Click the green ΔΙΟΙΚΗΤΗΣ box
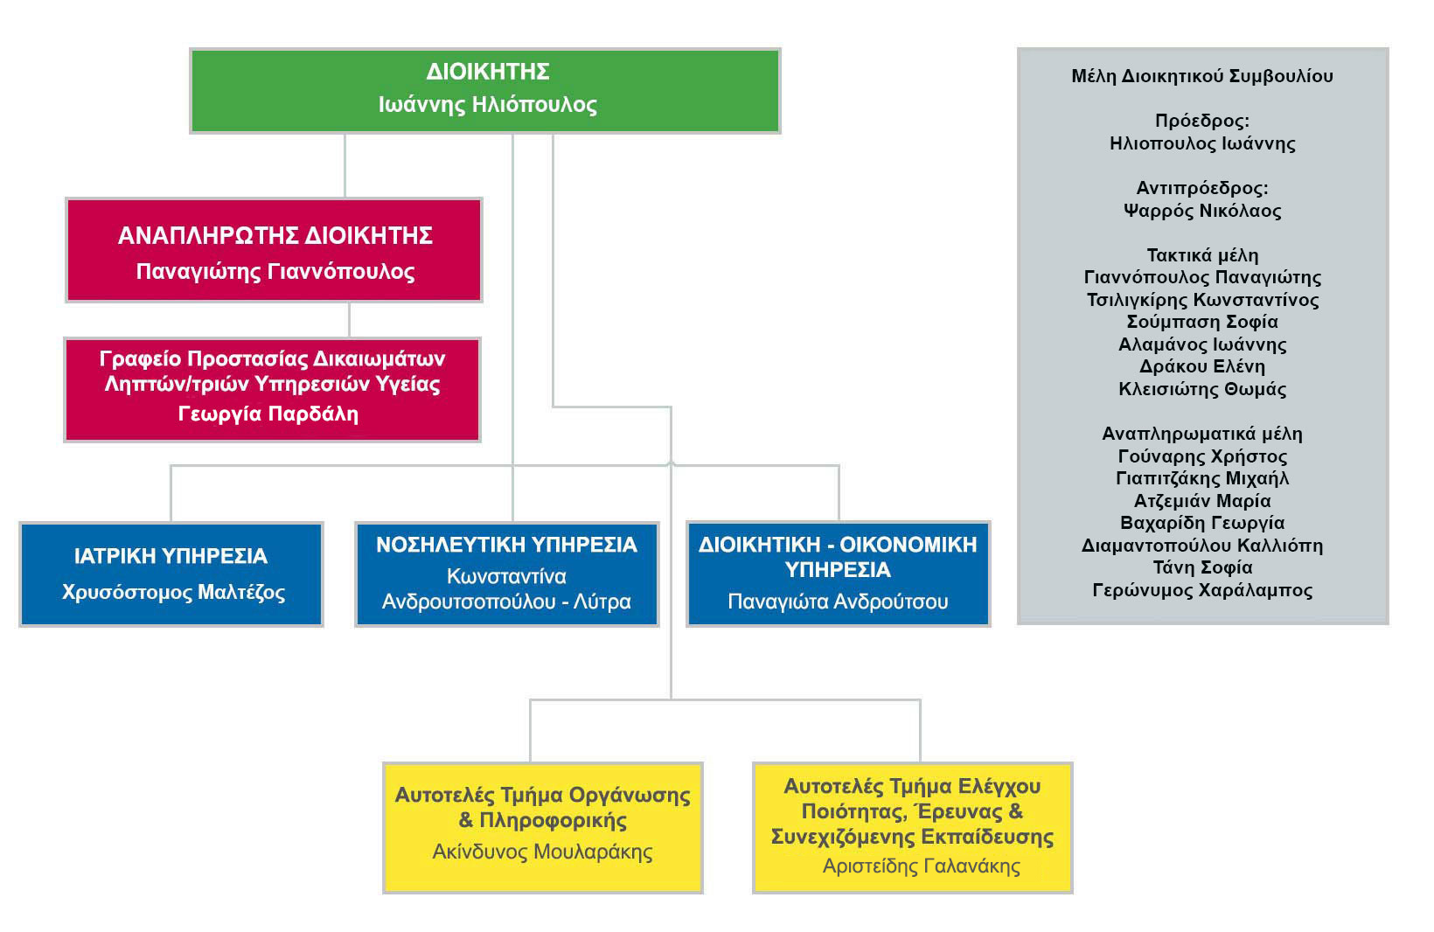[485, 91]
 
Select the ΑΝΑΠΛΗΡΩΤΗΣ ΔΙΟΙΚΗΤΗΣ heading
[275, 235]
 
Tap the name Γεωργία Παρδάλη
[268, 414]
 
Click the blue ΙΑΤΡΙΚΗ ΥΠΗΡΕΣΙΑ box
[171, 574]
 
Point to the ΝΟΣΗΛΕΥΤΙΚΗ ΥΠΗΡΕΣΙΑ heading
[506, 545]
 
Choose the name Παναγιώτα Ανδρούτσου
[838, 602]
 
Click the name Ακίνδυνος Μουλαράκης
[542, 852]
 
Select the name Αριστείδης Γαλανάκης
[922, 866]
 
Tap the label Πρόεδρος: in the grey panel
[1202, 121]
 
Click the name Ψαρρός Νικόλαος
[1202, 211]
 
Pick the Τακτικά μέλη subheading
[1202, 255]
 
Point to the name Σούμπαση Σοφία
[1202, 322]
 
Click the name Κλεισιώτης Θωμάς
[1202, 389]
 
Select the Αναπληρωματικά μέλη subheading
[1202, 434]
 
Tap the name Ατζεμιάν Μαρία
[1202, 501]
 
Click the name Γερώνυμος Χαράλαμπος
[1202, 590]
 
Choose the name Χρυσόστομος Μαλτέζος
[173, 592]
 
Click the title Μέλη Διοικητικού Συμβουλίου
[1202, 76]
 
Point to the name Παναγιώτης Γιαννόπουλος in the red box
[275, 272]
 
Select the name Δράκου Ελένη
[1202, 367]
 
